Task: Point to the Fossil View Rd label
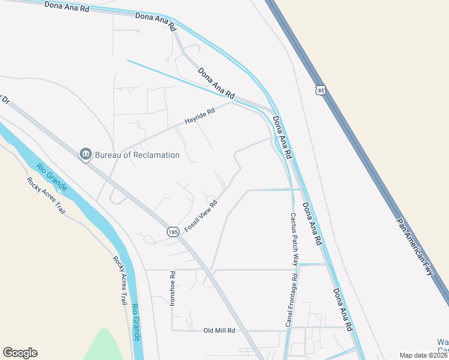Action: (x=200, y=217)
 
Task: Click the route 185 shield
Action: (x=173, y=232)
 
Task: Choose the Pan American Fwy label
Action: (x=414, y=245)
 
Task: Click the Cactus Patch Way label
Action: (x=295, y=239)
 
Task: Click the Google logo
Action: (x=20, y=353)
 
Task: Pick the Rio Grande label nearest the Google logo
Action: (x=136, y=323)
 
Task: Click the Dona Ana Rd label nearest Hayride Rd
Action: (x=216, y=83)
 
